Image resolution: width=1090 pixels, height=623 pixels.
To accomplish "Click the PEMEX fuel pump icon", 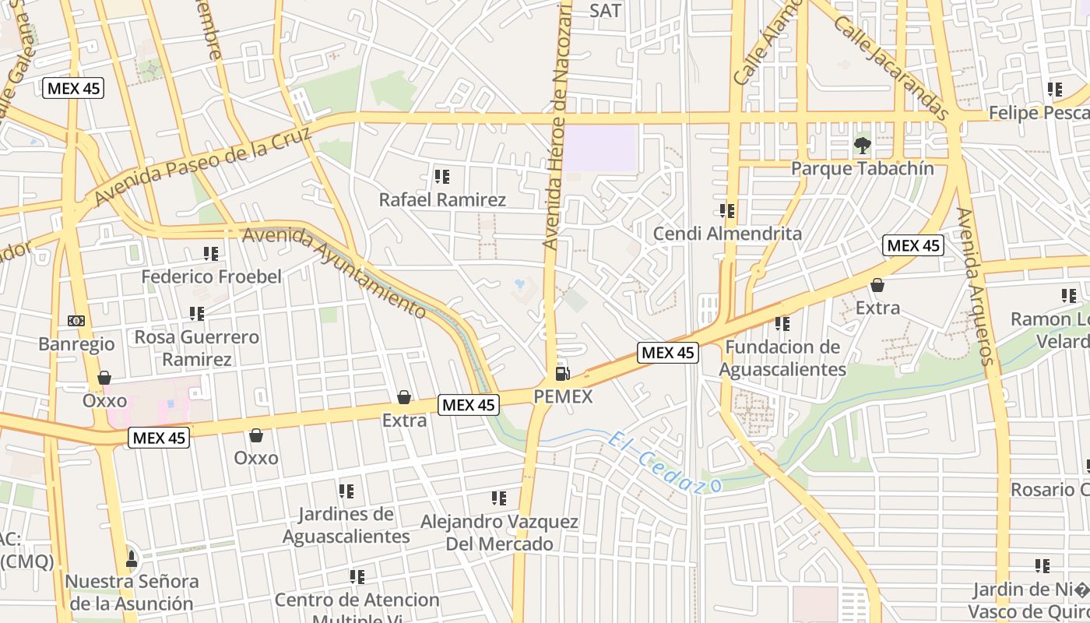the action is coord(562,374).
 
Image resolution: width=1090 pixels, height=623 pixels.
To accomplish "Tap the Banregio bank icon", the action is coord(76,321).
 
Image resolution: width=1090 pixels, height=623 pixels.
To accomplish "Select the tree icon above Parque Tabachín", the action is coord(862,145).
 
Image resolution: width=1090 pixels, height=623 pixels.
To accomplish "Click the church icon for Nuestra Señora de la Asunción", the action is coord(132,559).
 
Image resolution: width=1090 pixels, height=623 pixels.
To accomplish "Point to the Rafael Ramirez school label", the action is coord(442,199).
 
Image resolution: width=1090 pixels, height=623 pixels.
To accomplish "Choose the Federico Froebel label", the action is coord(211,276).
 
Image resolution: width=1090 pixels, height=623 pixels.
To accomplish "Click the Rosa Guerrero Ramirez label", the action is coord(197,348).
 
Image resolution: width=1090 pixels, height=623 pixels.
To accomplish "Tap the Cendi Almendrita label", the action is coord(727,233).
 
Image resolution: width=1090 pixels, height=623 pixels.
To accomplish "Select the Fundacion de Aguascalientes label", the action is coord(782,357).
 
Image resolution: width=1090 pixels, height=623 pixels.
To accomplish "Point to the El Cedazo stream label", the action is coord(665,462).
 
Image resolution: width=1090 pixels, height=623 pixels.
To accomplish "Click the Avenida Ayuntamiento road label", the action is coord(336,271).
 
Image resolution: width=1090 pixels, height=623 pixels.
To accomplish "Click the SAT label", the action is coord(606,10).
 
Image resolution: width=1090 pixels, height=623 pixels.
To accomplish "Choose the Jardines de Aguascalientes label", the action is coord(346,525).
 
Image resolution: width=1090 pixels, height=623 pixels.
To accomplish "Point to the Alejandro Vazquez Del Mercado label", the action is coord(499,532).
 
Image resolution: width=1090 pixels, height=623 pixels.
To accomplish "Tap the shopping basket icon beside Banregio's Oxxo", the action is coord(104,378).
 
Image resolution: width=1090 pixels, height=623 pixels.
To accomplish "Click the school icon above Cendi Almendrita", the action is coord(727,210).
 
